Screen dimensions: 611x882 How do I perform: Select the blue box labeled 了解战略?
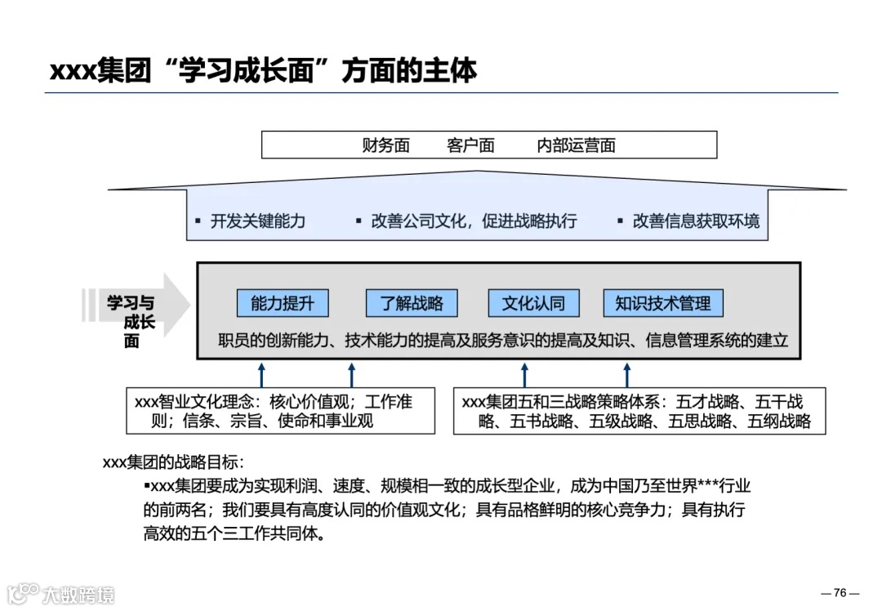pos(412,304)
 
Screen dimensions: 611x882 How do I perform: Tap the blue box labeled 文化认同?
pos(532,304)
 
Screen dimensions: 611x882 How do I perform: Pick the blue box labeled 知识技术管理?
pos(662,304)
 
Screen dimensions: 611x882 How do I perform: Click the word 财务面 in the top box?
pos(385,146)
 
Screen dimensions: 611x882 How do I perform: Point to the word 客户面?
pos(470,146)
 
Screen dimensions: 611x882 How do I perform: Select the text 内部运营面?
pos(576,146)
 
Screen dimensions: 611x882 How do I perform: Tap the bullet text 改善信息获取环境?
pos(696,221)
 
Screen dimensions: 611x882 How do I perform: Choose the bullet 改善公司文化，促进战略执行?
pos(474,221)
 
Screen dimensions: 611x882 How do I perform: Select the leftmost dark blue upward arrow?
pos(261,375)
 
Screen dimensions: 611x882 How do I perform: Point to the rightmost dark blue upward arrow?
pos(626,375)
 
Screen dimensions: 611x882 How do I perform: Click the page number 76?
pos(840,593)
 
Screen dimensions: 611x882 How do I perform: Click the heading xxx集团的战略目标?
pos(172,462)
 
